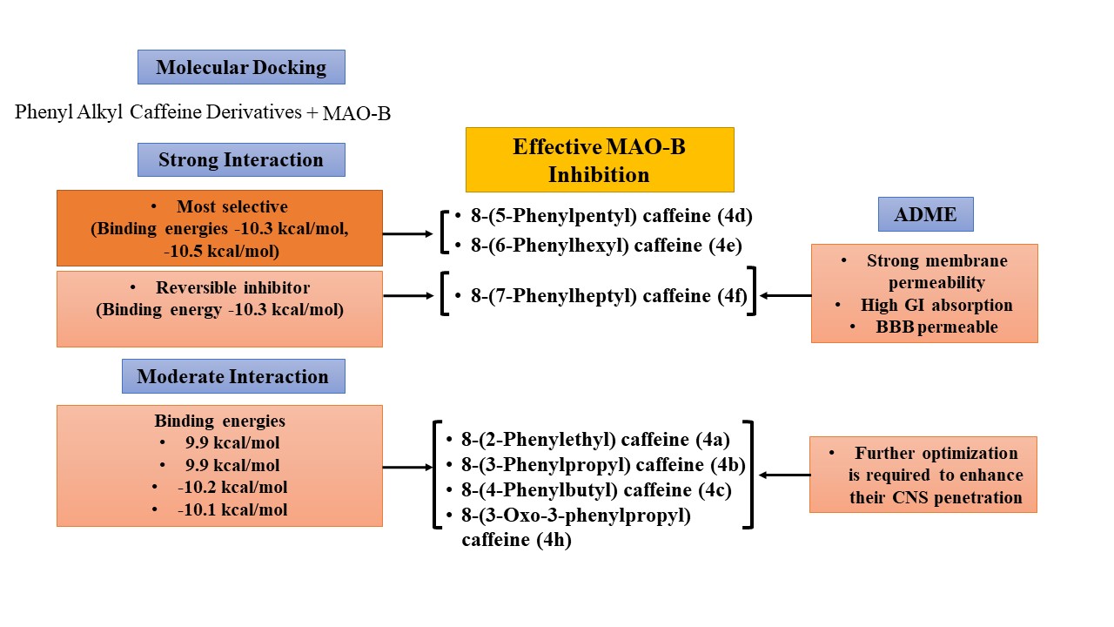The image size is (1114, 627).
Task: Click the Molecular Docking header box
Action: click(241, 67)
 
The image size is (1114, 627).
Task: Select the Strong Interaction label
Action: click(241, 160)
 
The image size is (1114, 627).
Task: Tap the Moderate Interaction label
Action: click(232, 377)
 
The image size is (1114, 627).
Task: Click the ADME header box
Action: click(925, 214)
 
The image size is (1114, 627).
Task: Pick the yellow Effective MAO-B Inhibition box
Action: click(600, 160)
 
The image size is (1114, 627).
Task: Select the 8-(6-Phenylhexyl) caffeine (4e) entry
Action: click(606, 245)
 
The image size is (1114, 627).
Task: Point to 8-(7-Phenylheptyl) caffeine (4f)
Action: click(604, 296)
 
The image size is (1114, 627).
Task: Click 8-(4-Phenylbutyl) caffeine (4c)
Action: click(594, 490)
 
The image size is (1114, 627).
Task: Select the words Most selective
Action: click(232, 207)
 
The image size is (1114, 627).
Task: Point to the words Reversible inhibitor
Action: click(232, 287)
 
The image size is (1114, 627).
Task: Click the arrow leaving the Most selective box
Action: click(407, 233)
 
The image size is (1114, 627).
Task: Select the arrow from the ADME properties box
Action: click(784, 296)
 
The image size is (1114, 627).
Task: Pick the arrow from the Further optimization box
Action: click(784, 475)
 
